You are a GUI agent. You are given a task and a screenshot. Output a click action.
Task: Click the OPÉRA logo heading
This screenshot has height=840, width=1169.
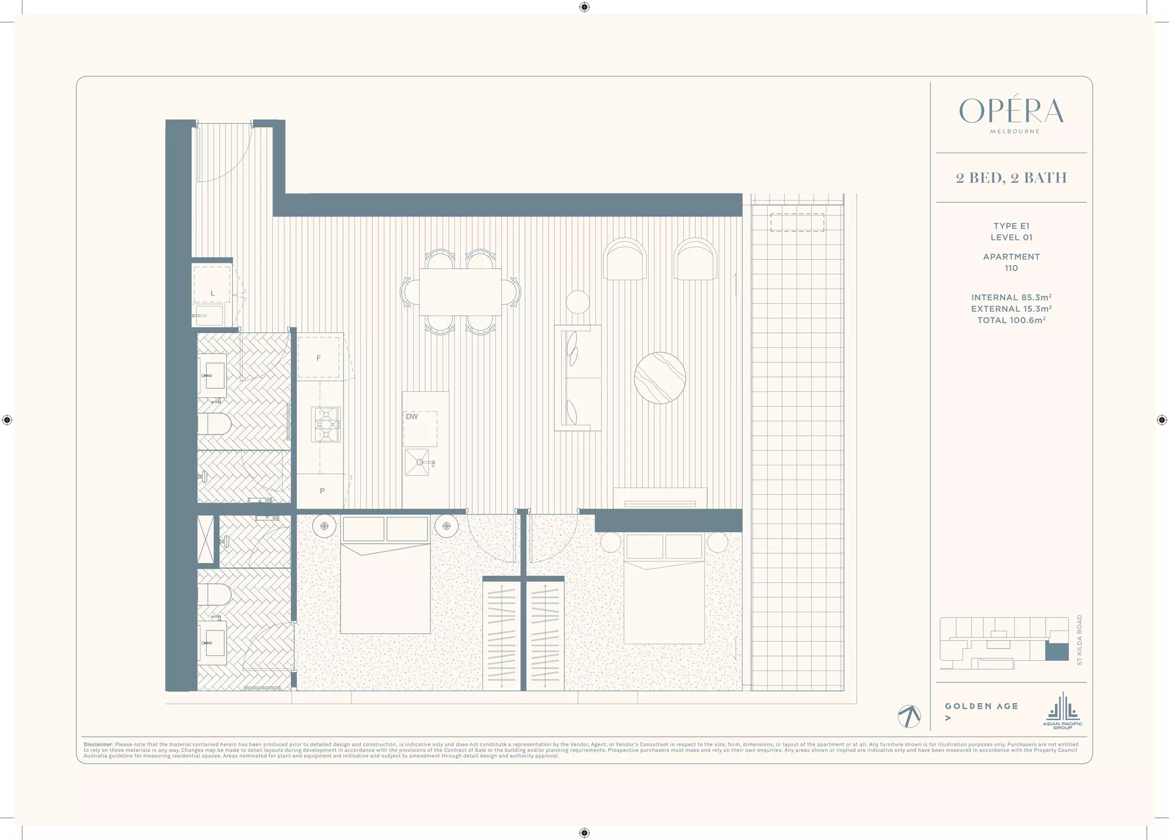(1011, 111)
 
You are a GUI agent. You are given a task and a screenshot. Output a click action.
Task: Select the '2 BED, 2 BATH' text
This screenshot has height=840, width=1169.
(1011, 178)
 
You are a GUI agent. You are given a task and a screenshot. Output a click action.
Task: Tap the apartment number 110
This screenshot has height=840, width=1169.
(1011, 268)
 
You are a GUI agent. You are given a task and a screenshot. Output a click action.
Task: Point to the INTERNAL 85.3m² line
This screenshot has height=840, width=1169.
(1011, 298)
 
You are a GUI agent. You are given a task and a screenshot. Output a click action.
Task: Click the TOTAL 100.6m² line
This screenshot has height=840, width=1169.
(1011, 320)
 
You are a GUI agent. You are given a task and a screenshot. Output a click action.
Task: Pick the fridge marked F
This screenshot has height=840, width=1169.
(319, 358)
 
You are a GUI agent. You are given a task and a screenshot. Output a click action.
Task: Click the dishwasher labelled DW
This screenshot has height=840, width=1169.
(420, 428)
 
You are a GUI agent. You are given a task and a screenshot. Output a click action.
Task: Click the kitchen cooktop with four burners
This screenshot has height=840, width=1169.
(326, 424)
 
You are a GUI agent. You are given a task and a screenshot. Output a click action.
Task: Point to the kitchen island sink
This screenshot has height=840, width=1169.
(420, 462)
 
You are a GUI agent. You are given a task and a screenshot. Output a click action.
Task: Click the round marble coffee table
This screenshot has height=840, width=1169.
(660, 378)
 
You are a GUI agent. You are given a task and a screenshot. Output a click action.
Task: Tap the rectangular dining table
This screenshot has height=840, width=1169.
(460, 292)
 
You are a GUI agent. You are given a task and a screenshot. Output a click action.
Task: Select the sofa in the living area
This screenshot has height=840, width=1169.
(578, 378)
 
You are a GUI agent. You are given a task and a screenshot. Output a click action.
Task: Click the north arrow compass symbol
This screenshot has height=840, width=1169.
(909, 716)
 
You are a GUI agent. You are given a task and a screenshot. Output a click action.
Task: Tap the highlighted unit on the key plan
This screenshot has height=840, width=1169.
(1057, 652)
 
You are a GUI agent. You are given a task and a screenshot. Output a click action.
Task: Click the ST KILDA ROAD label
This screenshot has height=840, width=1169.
(1079, 640)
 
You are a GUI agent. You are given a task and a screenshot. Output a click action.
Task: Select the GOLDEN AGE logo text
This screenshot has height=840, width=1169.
(981, 706)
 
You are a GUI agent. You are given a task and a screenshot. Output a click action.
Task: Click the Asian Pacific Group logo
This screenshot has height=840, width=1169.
(1062, 712)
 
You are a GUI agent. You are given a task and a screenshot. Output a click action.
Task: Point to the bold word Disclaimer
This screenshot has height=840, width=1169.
(98, 745)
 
